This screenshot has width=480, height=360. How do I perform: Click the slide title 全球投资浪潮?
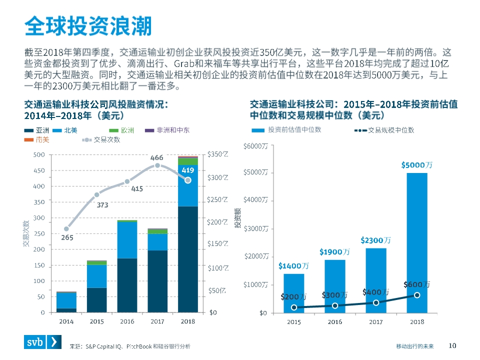pos(88,26)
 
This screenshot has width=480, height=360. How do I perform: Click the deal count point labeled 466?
pos(157,165)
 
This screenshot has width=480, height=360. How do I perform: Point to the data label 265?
pos(67,238)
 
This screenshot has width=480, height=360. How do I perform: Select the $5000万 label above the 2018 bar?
pos(416,164)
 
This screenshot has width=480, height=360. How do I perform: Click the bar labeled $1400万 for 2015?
pos(294,293)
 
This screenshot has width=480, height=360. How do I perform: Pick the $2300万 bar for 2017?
pos(376,280)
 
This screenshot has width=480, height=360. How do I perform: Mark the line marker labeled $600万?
pos(417,295)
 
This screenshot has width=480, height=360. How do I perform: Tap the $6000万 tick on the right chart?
pos(255,146)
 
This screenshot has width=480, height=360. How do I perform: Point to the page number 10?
pos(452,345)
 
